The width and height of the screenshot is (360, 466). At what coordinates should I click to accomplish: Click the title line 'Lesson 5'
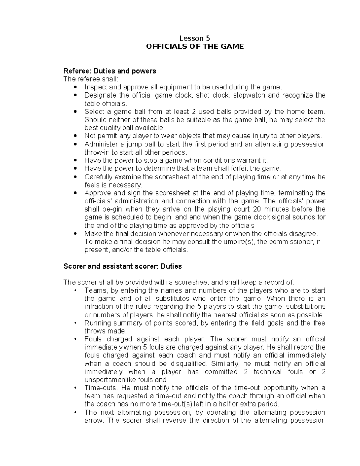194,38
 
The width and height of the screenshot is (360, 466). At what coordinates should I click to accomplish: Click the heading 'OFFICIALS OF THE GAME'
194,47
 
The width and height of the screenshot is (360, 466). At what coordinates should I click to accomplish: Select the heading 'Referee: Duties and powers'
110,71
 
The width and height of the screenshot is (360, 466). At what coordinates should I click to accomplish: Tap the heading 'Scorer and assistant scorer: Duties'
123,266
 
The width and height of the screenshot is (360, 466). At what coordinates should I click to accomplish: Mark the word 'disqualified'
188,364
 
